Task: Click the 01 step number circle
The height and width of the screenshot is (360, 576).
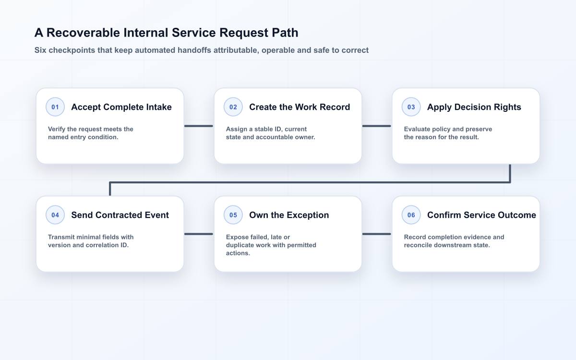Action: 55,107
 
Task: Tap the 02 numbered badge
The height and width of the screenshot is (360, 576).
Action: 233,107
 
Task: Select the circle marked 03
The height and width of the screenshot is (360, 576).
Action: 411,107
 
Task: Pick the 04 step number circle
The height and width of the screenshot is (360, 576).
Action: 55,215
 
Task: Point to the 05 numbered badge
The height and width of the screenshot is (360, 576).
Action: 233,215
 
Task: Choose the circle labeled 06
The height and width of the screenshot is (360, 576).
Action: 411,215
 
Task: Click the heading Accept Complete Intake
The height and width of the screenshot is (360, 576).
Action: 121,107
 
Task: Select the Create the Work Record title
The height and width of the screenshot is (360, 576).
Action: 300,107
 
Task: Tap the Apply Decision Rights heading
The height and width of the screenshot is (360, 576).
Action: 474,107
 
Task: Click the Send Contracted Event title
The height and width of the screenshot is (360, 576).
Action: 120,215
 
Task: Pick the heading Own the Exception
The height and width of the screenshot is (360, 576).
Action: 289,215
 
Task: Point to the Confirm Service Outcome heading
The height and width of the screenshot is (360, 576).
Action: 481,215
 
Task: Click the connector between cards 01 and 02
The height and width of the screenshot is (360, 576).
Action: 199,126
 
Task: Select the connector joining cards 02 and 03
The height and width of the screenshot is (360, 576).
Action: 377,126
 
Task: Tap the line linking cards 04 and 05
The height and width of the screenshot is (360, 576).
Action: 199,234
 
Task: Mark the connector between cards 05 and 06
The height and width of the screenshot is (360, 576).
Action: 377,234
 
